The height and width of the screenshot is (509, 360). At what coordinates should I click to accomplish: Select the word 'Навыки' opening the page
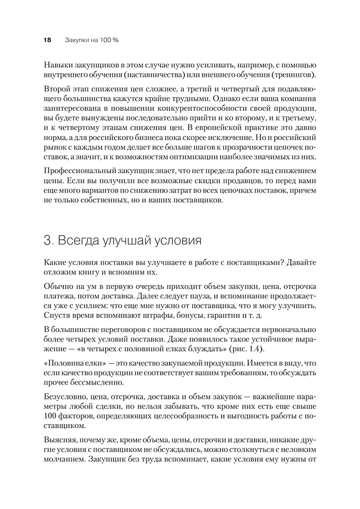coord(58,64)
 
